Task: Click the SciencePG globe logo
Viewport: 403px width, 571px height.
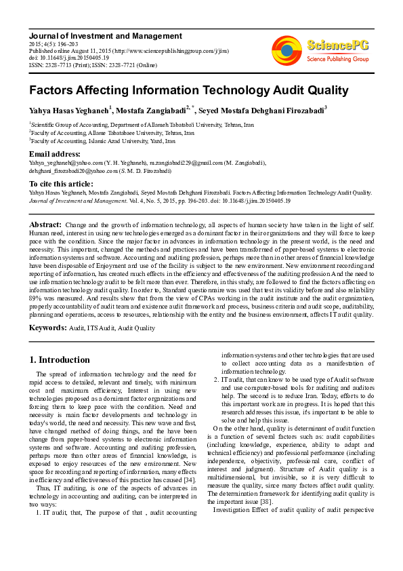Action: pyautogui.click(x=287, y=50)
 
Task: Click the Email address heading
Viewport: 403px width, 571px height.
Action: pyautogui.click(x=55, y=154)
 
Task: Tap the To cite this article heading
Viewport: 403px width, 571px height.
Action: pyautogui.click(x=61, y=184)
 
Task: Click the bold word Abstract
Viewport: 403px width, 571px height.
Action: pyautogui.click(x=45, y=224)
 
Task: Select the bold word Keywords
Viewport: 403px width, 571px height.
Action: pyautogui.click(x=47, y=328)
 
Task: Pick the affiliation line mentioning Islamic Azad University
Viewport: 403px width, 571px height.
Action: pyautogui.click(x=102, y=141)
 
